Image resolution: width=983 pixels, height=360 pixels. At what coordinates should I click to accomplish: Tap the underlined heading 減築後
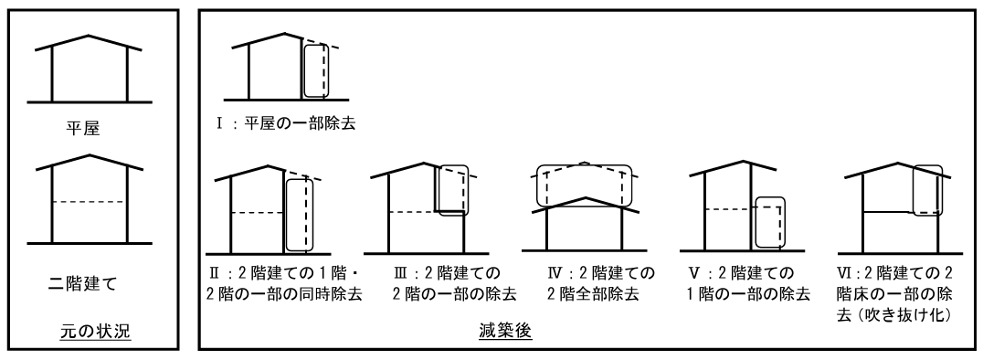point(507,334)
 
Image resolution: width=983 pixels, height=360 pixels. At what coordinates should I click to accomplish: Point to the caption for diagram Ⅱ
point(282,284)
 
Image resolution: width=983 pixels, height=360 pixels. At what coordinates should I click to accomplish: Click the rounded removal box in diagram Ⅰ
point(315,70)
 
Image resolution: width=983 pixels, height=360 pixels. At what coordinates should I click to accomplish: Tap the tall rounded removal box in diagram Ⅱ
point(299,215)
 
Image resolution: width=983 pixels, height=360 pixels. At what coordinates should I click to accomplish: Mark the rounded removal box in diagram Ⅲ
point(452,190)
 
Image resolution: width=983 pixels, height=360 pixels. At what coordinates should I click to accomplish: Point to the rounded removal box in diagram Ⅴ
point(771,221)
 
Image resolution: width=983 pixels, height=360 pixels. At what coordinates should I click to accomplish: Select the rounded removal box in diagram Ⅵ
point(926,189)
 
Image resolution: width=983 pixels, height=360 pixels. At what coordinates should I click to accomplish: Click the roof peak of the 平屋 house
point(89,37)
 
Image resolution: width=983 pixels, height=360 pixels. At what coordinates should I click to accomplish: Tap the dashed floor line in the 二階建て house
point(88,201)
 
